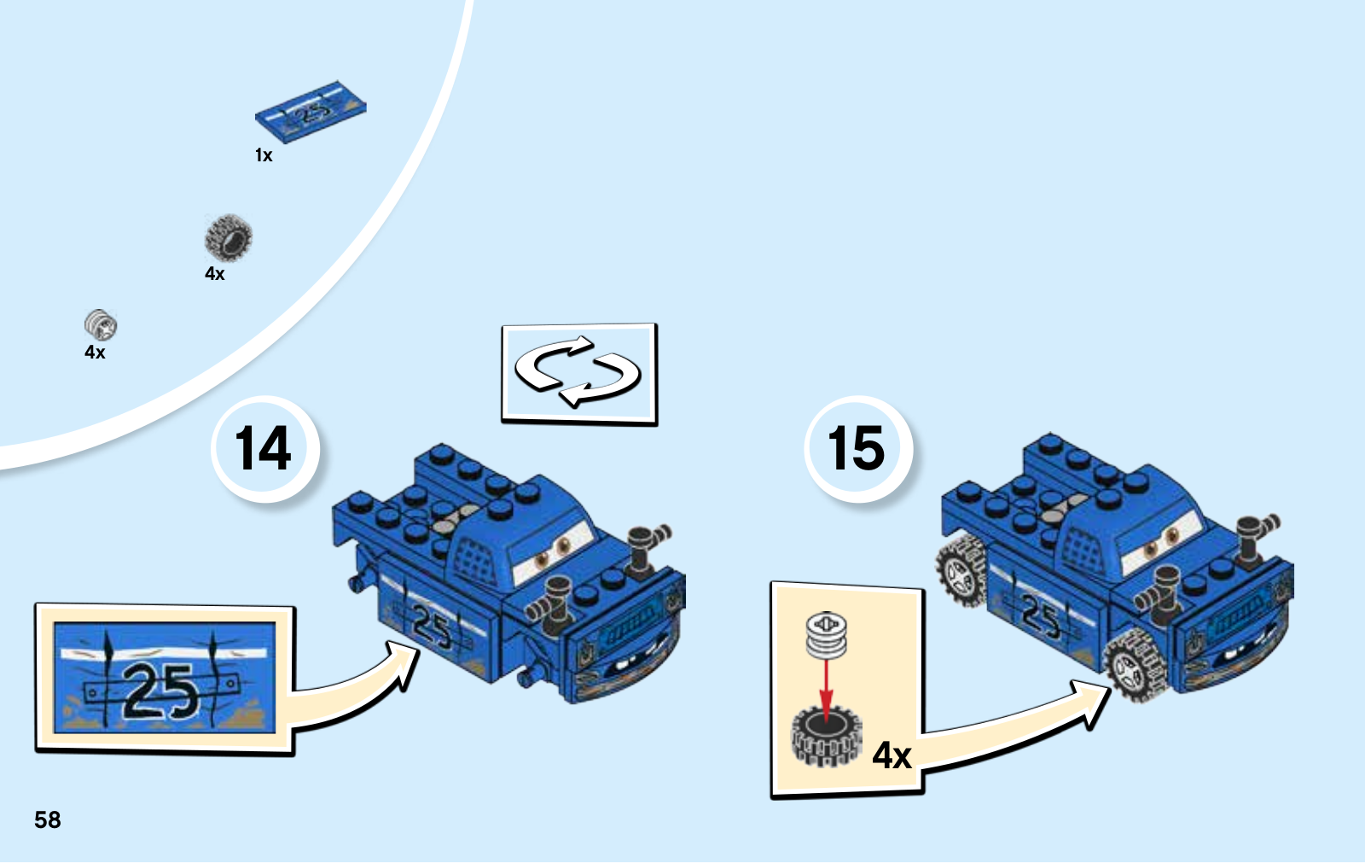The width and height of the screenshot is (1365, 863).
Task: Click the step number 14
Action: (264, 448)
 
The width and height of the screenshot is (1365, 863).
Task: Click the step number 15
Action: (857, 448)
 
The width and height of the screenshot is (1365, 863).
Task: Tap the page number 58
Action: (48, 819)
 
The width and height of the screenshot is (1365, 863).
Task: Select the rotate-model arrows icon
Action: (578, 372)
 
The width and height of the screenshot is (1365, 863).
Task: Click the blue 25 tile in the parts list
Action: (311, 112)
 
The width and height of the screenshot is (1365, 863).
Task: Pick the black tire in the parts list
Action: (228, 237)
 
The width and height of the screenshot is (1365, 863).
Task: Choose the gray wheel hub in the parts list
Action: (101, 324)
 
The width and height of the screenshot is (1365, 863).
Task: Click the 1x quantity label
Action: (264, 155)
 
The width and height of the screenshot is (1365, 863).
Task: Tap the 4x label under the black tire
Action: (215, 274)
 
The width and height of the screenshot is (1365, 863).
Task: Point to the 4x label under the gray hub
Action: (95, 353)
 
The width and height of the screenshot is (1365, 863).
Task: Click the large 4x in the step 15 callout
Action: (892, 755)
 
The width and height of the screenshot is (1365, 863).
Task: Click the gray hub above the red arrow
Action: (826, 636)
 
